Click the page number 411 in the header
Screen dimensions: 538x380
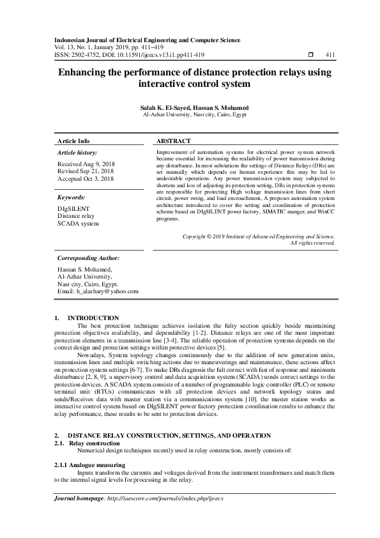tap(330, 55)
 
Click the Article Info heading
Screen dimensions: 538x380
tap(73, 141)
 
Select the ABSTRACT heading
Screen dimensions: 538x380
tap(173, 141)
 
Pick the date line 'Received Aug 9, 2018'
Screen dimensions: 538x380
tap(86, 164)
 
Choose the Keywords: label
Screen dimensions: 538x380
tap(71, 198)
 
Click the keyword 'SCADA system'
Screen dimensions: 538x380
tap(78, 224)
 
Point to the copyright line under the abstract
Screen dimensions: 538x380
tap(259, 236)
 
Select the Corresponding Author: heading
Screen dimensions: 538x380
tap(89, 258)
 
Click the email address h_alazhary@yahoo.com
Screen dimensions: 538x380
tap(107, 291)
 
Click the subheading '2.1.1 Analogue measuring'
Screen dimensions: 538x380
tap(89, 447)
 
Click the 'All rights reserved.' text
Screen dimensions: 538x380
tap(312, 243)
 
